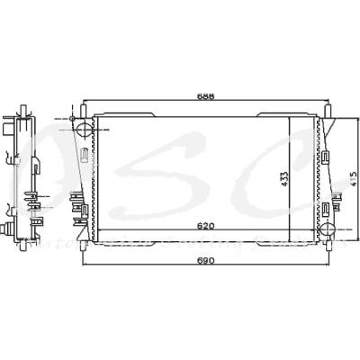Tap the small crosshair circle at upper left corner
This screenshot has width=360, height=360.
point(69,119)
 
